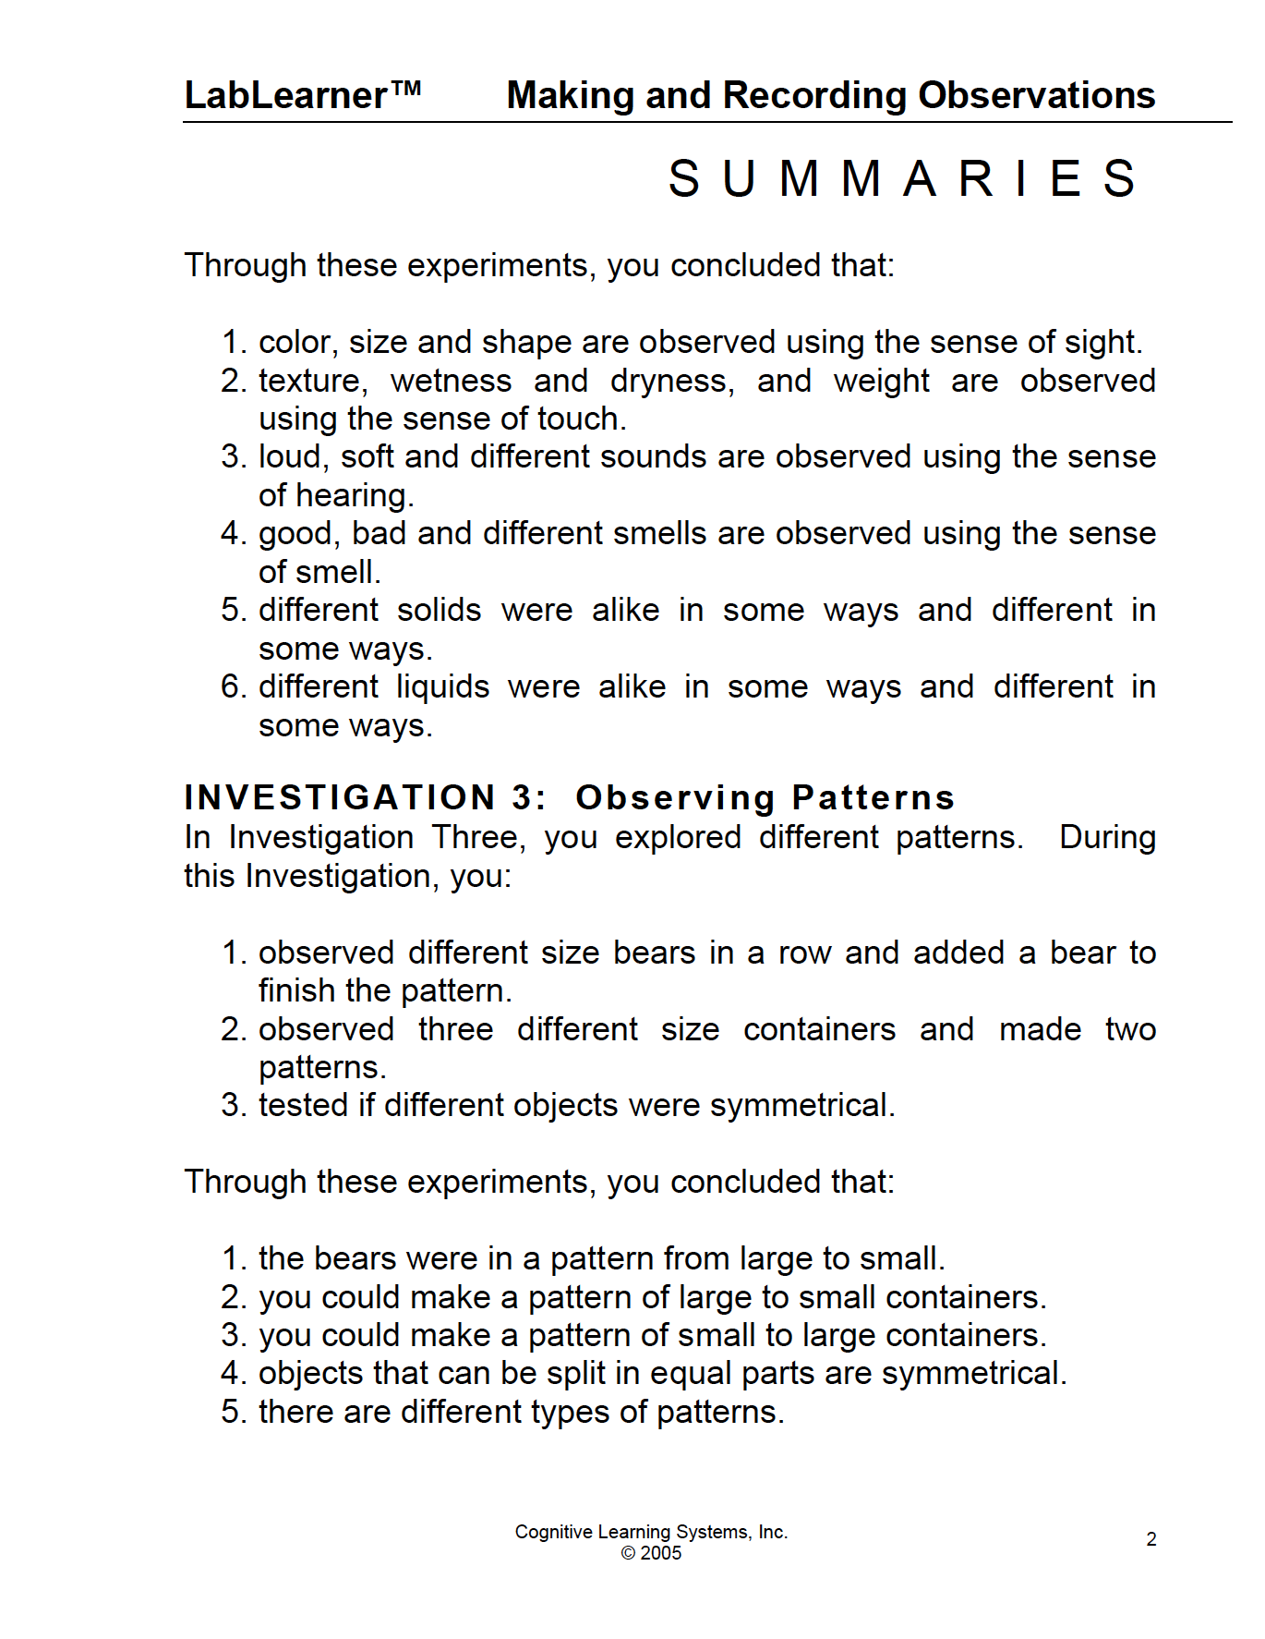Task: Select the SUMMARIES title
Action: tap(902, 178)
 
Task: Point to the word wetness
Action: tap(451, 381)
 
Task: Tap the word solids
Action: tap(439, 610)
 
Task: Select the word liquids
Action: tap(443, 686)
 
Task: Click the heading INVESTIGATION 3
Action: tap(365, 797)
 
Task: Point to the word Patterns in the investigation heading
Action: tap(873, 797)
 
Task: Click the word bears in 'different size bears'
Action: tap(654, 953)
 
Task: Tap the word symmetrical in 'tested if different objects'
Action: tap(801, 1105)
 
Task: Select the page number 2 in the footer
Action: tap(1151, 1539)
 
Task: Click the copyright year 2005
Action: tap(661, 1553)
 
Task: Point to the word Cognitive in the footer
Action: tap(554, 1532)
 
